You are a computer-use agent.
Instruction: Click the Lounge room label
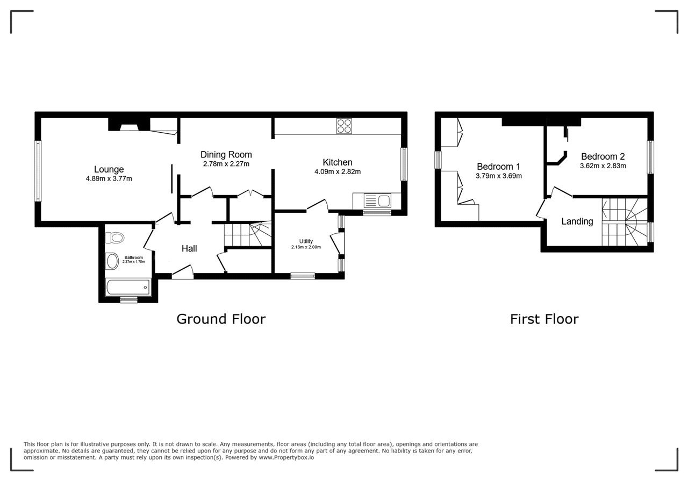click(109, 169)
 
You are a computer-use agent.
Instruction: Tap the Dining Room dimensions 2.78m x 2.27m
click(226, 164)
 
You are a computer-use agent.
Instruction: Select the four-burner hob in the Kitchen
click(344, 126)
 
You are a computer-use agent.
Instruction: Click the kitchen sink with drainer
click(377, 201)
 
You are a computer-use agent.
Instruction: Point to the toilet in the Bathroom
click(114, 238)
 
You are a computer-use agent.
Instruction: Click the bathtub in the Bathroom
click(128, 287)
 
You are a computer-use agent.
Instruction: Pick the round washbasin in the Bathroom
click(112, 261)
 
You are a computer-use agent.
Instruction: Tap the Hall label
click(189, 248)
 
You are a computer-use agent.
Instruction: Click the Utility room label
click(306, 241)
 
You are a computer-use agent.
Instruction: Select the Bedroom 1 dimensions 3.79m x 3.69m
click(498, 176)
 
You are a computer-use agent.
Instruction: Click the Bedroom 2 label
click(603, 156)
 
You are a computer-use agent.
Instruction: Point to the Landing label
click(577, 221)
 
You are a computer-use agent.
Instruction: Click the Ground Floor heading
click(221, 319)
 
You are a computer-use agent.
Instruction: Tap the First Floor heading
click(544, 319)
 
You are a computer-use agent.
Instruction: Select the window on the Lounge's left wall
click(38, 171)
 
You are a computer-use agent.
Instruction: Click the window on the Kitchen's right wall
click(404, 164)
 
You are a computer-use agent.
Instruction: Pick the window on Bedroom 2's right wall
click(650, 157)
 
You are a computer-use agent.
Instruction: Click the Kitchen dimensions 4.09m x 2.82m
click(337, 171)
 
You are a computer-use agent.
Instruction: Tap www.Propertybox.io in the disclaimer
click(286, 457)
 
